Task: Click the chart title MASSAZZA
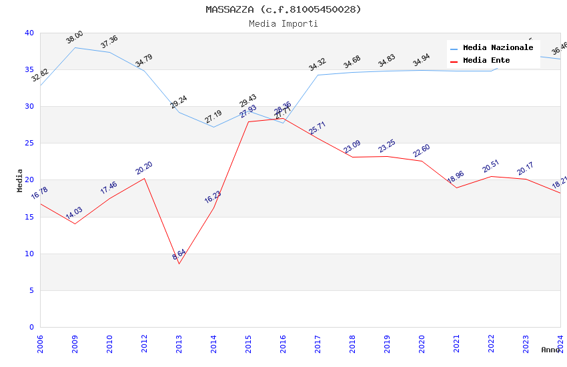[x=283, y=9]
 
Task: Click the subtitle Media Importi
[x=283, y=23]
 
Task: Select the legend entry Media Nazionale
[x=498, y=48]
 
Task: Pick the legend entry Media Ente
[x=486, y=60]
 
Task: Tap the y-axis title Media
[x=20, y=180]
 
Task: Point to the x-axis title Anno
[x=550, y=350]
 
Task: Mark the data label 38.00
[x=75, y=37]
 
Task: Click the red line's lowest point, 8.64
[x=179, y=264]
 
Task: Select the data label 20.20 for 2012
[x=144, y=168]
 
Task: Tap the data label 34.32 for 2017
[x=318, y=65]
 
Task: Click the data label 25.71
[x=318, y=128]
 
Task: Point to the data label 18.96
[x=456, y=177]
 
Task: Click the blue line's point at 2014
[x=213, y=127]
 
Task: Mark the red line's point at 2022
[x=491, y=176]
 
